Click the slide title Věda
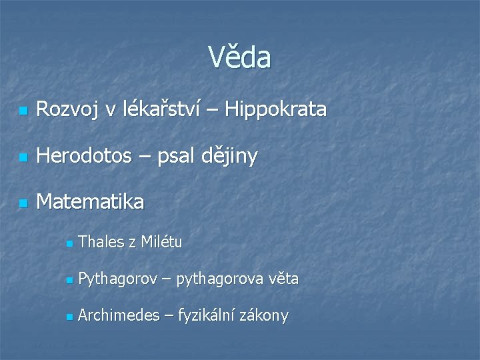[239, 58]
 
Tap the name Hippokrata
[276, 109]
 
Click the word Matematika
[90, 202]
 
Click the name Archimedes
[118, 315]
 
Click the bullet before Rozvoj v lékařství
[23, 111]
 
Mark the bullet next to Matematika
[23, 203]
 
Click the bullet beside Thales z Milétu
[69, 243]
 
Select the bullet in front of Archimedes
[69, 317]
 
